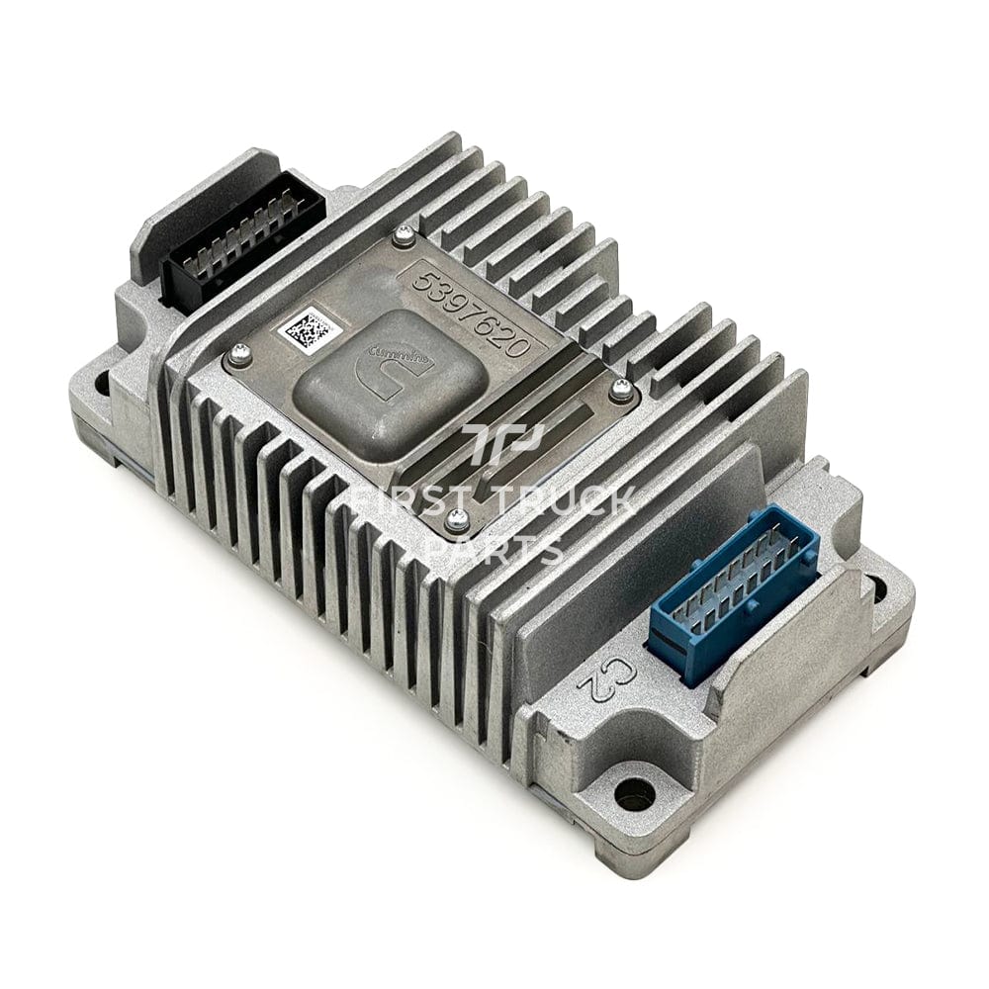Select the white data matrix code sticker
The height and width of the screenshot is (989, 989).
(306, 328)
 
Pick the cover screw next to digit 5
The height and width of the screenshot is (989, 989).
(404, 234)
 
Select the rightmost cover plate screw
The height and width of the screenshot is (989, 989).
(621, 389)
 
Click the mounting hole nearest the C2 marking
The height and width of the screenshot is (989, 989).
(633, 791)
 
